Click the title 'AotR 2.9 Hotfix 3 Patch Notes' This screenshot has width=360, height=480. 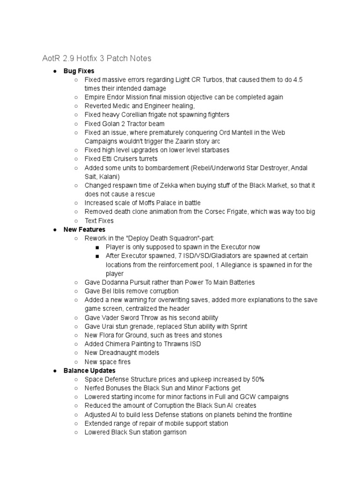pyautogui.click(x=97, y=59)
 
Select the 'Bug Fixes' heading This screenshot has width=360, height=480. pyautogui.click(x=79, y=71)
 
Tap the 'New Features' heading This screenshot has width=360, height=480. pyautogui.click(x=84, y=230)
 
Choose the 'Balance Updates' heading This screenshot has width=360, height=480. pyautogui.click(x=90, y=370)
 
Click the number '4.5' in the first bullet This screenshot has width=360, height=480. pyautogui.click(x=297, y=80)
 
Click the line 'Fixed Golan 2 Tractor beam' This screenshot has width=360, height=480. pyautogui.click(x=124, y=124)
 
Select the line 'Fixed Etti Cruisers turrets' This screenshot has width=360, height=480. pyautogui.click(x=121, y=159)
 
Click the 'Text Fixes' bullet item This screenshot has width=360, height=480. pyautogui.click(x=99, y=221)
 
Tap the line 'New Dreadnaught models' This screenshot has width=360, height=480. pyautogui.click(x=122, y=352)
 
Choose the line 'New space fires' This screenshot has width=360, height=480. pyautogui.click(x=107, y=361)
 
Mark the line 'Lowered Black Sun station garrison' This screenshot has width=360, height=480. pyautogui.click(x=135, y=432)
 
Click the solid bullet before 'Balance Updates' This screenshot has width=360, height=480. pyautogui.click(x=55, y=370)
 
